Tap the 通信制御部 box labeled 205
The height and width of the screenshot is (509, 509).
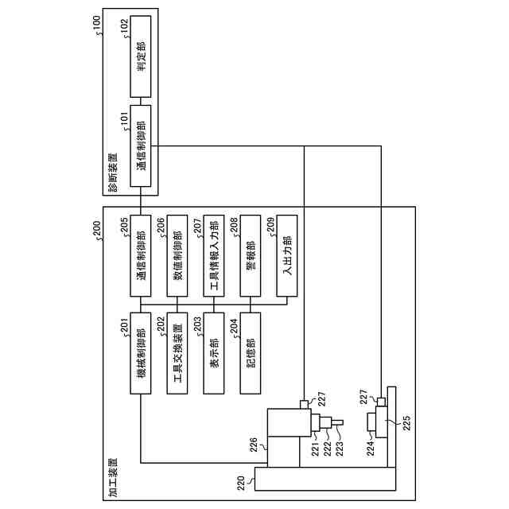141,254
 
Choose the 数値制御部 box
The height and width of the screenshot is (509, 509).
178,254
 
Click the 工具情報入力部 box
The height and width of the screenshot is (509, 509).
213,254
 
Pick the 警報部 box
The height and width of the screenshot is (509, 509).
250,254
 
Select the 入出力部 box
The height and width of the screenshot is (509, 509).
286,254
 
